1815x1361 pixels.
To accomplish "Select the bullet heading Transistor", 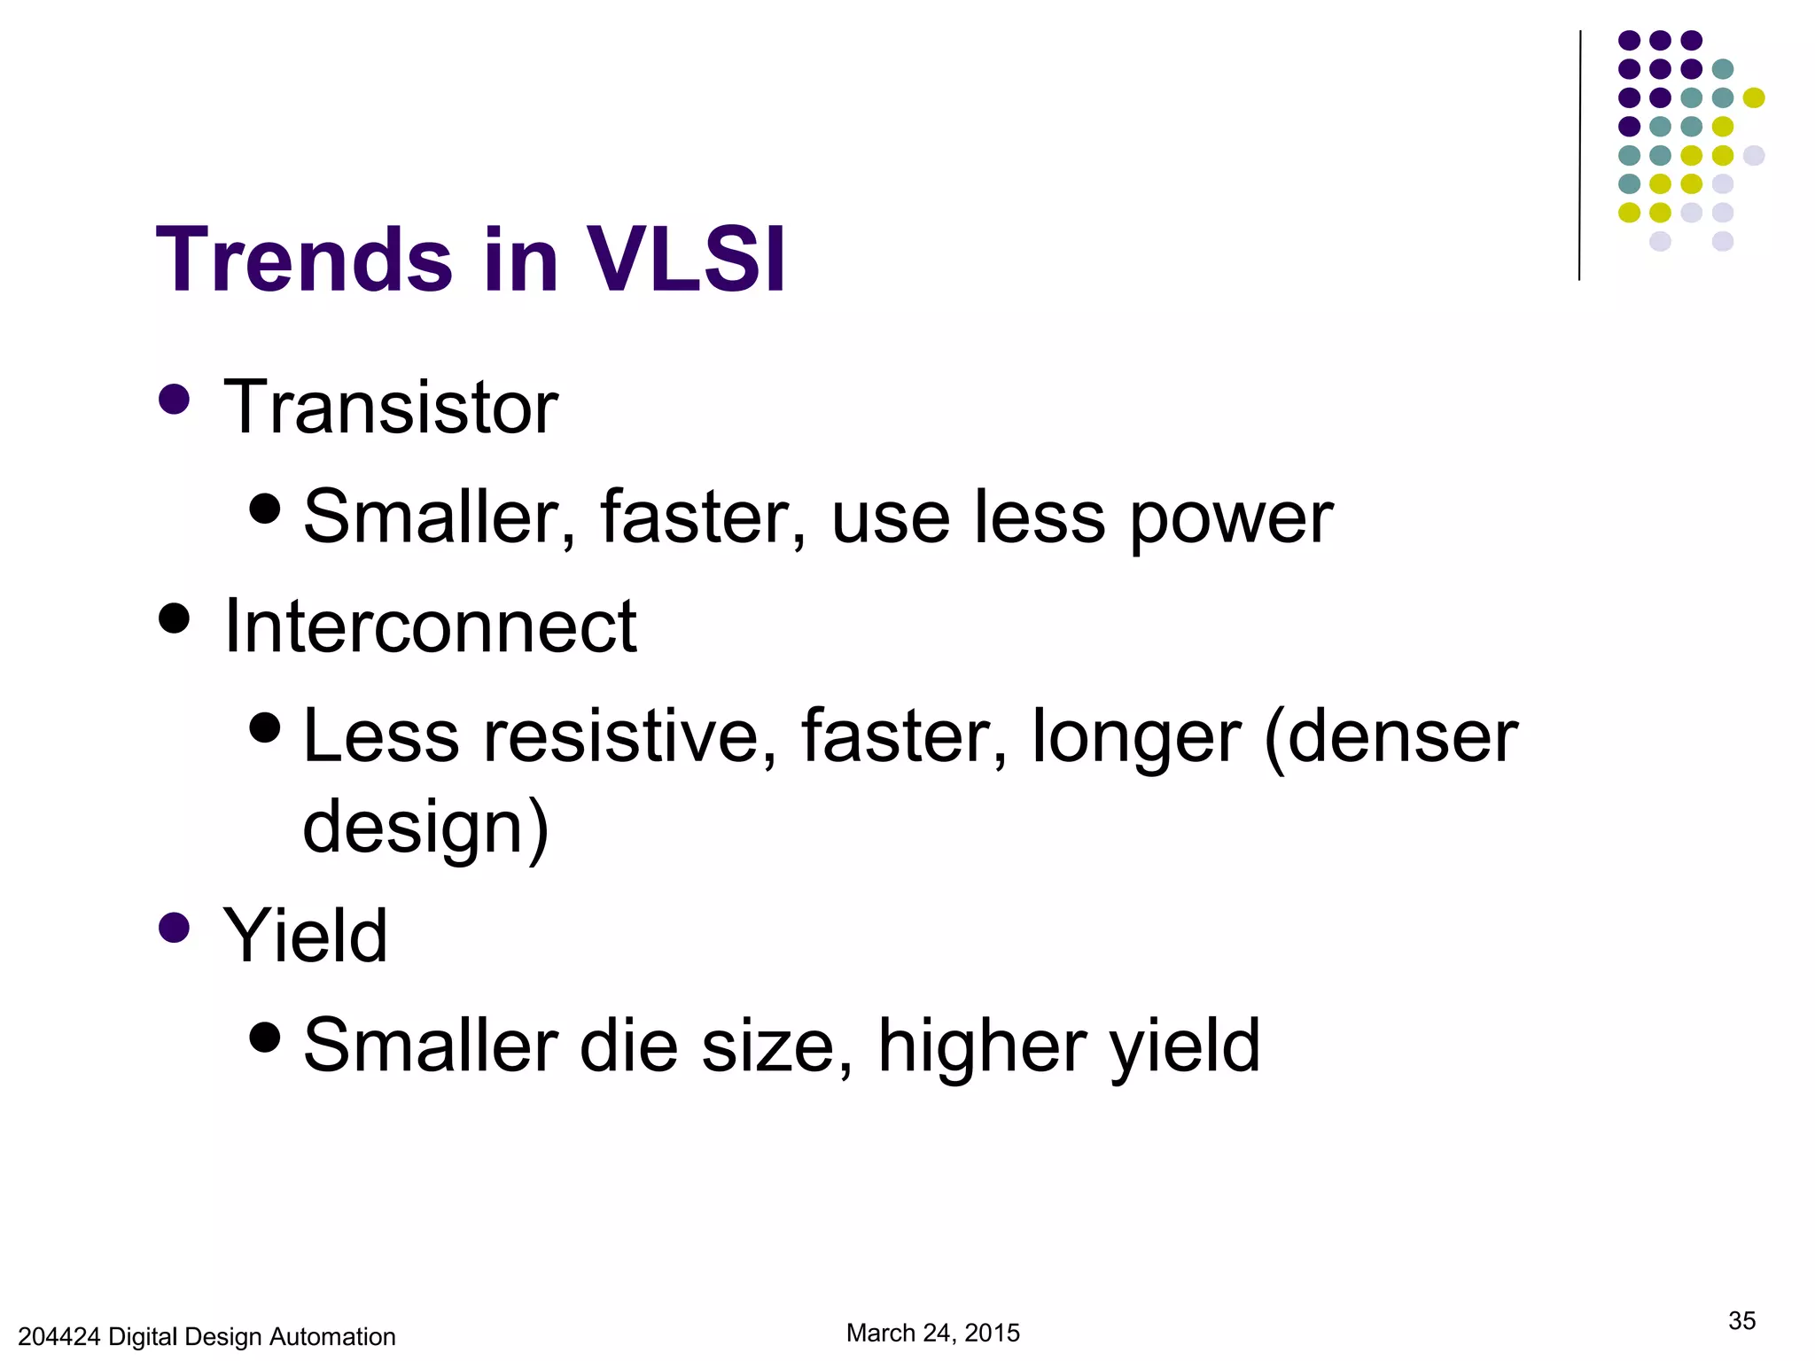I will coord(390,408).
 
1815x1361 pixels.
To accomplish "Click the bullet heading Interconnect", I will coord(430,626).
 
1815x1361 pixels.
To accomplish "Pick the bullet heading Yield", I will coord(305,936).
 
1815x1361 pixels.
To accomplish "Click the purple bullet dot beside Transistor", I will coord(175,399).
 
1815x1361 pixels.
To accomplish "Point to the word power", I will coord(1231,518).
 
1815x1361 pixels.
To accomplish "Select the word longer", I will coord(1136,738).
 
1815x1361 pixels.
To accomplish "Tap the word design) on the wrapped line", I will coord(425,827).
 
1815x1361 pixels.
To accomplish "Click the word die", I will coord(628,1046).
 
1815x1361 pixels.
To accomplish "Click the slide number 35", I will coord(1741,1321).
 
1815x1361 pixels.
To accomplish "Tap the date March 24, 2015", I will coord(932,1333).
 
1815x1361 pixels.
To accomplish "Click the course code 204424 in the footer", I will coord(58,1337).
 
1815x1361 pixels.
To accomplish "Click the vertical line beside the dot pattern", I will coord(1579,155).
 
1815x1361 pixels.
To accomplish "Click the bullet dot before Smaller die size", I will coord(265,1036).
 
